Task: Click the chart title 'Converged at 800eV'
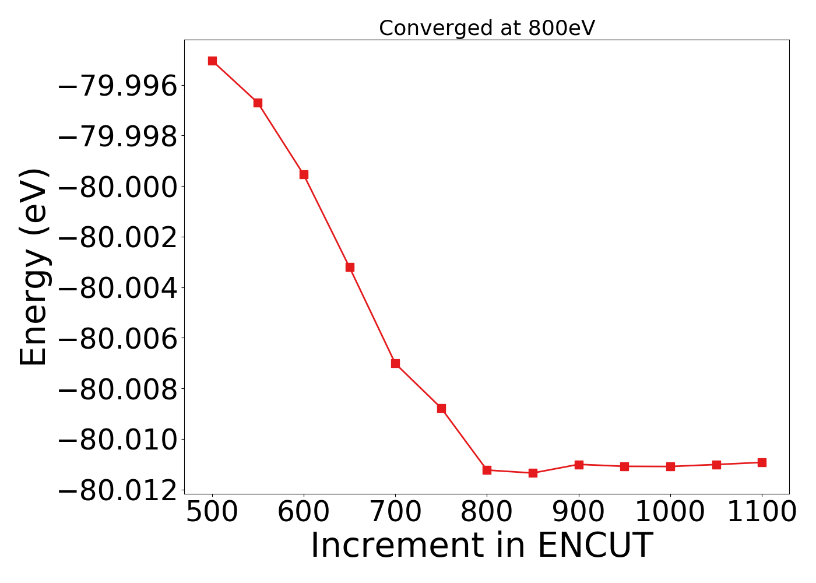(487, 28)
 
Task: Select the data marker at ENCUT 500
(212, 61)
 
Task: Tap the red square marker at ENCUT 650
(350, 267)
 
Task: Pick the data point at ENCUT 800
(487, 470)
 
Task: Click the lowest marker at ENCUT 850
(533, 473)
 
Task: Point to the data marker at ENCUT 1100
(762, 462)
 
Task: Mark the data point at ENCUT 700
(395, 363)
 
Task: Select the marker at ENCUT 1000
(670, 466)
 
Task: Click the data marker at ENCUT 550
(258, 103)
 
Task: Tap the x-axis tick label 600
(304, 512)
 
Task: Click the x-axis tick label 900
(579, 512)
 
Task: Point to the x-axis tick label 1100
(762, 512)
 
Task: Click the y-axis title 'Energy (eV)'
(33, 267)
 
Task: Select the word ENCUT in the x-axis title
(595, 546)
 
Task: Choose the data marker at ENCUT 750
(441, 408)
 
